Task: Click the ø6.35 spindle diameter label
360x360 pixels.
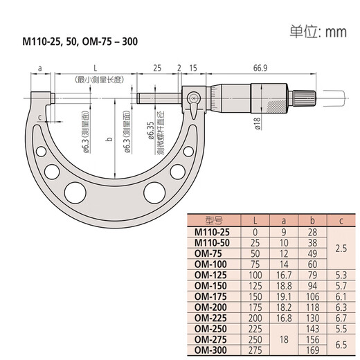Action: [150, 127]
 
